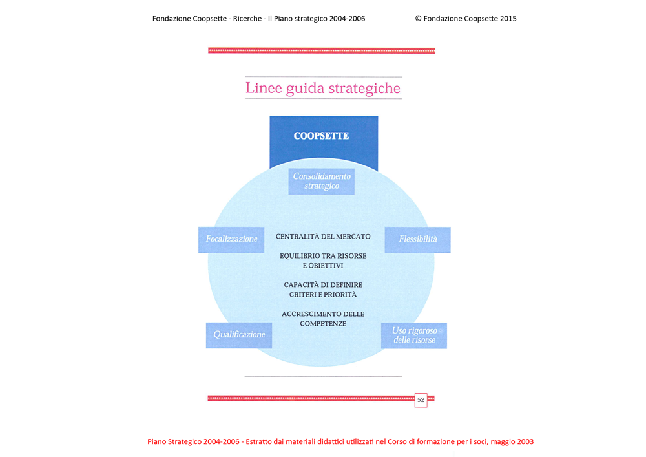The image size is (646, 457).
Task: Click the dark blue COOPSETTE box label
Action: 321,136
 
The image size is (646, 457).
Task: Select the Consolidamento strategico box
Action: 321,182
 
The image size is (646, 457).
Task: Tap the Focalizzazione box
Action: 231,239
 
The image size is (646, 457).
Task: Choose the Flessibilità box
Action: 418,239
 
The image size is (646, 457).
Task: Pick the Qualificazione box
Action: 239,335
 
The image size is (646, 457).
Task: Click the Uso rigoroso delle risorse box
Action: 414,335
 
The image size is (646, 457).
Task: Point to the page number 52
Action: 421,399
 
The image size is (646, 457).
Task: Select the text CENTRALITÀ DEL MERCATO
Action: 323,237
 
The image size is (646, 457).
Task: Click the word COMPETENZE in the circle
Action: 323,324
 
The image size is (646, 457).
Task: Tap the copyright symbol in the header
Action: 418,19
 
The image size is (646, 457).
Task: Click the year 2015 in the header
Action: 508,19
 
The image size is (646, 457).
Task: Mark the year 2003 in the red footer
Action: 525,441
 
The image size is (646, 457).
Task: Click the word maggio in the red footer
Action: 503,442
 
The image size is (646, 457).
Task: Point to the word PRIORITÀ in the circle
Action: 339,295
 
